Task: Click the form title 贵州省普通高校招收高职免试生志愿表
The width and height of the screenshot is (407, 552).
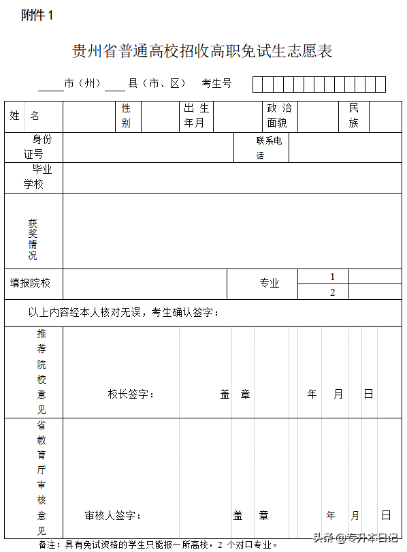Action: point(203,51)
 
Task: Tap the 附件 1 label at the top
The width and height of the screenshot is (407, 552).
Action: point(37,16)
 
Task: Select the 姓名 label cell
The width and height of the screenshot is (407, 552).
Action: point(25,116)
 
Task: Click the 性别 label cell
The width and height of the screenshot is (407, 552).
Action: point(127,116)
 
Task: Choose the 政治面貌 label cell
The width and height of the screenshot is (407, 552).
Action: point(279,116)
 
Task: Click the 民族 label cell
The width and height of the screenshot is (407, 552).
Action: point(353,116)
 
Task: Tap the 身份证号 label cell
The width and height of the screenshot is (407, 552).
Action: point(37,147)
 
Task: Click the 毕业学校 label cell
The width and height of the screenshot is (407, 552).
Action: point(37,177)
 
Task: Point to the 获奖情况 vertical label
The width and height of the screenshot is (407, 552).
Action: point(33,239)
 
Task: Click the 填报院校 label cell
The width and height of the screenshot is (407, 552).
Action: point(31,283)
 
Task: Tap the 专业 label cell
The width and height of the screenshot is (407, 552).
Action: point(270,283)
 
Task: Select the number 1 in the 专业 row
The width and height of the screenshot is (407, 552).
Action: point(333,277)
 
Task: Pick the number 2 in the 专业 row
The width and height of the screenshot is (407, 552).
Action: point(333,292)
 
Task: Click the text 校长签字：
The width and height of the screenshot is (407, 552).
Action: point(131,394)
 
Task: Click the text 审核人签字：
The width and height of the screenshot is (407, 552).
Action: point(113,516)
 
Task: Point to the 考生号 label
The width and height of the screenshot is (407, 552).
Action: point(217,83)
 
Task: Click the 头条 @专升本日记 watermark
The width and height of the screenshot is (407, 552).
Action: point(355,536)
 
